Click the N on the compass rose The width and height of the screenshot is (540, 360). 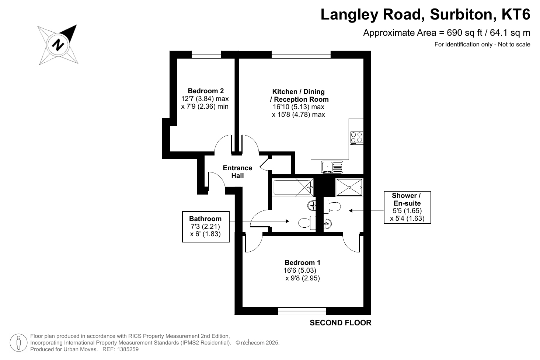coord(58,45)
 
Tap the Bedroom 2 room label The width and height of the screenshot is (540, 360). coord(206,91)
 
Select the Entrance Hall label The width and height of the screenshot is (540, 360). coord(237,172)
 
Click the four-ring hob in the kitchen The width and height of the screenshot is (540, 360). coord(356,137)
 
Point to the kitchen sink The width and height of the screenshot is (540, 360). coord(332,167)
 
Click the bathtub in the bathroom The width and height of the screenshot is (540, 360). coord(292,188)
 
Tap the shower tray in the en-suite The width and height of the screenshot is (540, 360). coord(349,187)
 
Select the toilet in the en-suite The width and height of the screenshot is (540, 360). coord(332,206)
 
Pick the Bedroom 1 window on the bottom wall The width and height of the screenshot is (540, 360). coord(302,311)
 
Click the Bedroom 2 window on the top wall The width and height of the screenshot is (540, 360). coord(206,55)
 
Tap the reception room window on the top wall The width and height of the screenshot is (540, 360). coord(301,55)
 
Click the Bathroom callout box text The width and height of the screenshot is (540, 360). coord(205,226)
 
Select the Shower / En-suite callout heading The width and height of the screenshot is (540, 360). coord(407,199)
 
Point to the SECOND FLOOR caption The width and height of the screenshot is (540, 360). coord(340,323)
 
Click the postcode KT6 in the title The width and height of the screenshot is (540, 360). coord(516,14)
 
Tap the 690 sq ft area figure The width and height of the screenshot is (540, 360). coord(464,33)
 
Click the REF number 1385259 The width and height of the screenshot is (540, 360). coord(128,349)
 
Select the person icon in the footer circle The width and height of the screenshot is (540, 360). coord(18,343)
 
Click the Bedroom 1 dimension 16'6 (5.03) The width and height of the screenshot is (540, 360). coord(300,270)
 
